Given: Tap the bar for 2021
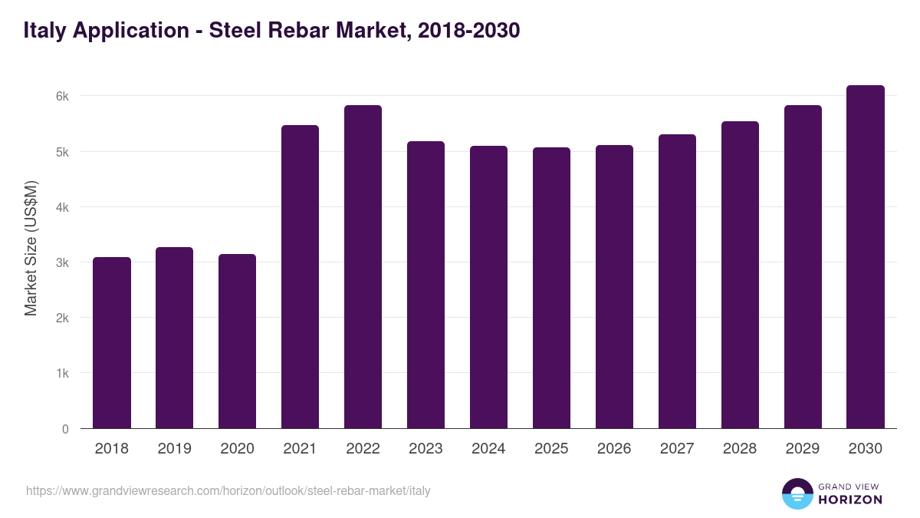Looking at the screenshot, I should (x=300, y=277).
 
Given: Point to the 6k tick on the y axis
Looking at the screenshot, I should (x=62, y=97).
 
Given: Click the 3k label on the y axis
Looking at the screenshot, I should (x=62, y=262).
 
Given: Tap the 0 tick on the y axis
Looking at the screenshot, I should (x=65, y=429).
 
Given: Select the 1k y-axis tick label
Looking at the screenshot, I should (x=62, y=374).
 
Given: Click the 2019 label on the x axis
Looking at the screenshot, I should (x=175, y=449).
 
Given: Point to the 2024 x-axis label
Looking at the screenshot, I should (x=488, y=449).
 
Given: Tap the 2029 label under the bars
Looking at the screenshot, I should (x=803, y=449).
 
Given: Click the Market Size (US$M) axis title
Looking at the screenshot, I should (x=31, y=249).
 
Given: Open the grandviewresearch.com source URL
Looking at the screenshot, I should (x=228, y=491).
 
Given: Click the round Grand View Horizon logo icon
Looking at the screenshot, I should (x=797, y=493).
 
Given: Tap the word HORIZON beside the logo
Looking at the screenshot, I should (x=850, y=500).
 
